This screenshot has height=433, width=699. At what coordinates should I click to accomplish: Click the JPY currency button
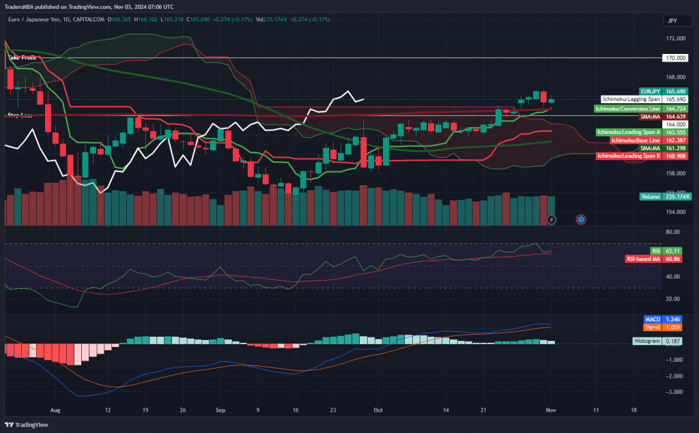[x=672, y=21]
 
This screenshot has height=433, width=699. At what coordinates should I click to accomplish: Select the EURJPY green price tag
[x=651, y=91]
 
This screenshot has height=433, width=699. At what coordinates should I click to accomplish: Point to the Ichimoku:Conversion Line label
[x=627, y=109]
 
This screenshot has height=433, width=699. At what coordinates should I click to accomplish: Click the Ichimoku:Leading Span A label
[x=629, y=132]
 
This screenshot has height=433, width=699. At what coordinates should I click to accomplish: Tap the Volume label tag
[x=650, y=197]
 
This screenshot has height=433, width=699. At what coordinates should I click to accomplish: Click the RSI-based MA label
[x=643, y=260]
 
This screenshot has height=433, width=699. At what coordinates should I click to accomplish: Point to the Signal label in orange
[x=652, y=327]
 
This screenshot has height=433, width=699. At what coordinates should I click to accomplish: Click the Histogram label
[x=646, y=341]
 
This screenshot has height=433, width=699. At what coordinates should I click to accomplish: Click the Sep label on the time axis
[x=220, y=411]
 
